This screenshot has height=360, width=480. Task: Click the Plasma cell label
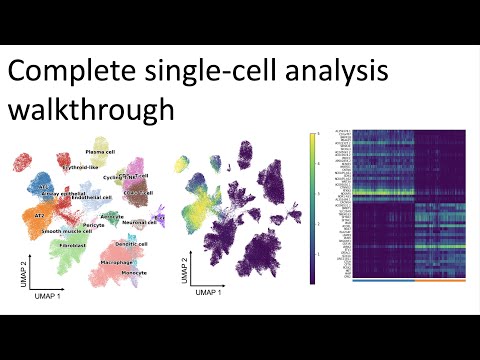(104, 151)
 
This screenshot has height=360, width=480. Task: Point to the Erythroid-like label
(84, 167)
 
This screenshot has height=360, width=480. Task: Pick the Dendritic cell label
(130, 243)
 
